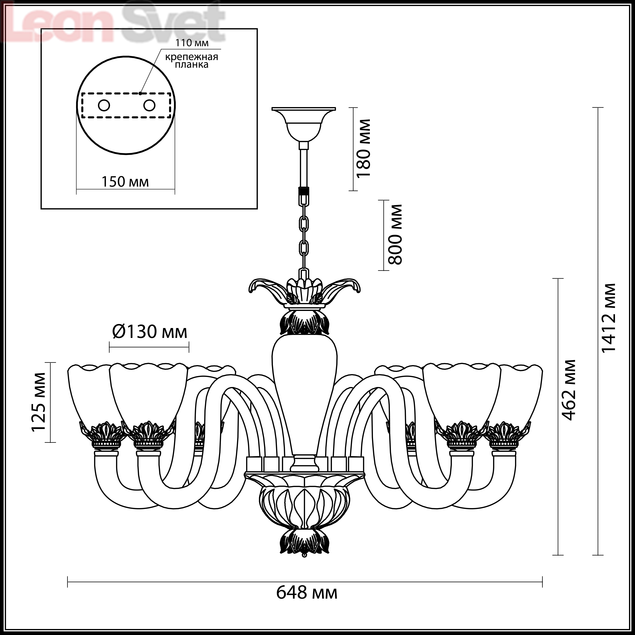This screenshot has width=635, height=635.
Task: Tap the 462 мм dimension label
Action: tap(569, 390)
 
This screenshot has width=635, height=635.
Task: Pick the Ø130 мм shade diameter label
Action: tap(150, 332)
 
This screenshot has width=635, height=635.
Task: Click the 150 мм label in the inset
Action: tap(125, 182)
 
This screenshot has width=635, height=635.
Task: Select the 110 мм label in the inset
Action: tap(192, 43)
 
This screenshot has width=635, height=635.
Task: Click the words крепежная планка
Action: tap(192, 61)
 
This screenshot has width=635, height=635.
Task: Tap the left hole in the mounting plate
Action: tap(104, 105)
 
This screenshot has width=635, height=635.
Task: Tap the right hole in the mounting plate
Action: tap(149, 105)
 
